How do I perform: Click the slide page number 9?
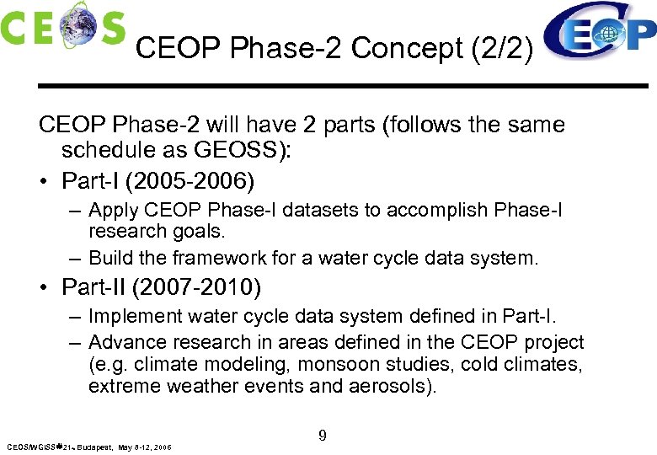pos(323,436)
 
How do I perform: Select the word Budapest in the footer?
pos(93,447)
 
